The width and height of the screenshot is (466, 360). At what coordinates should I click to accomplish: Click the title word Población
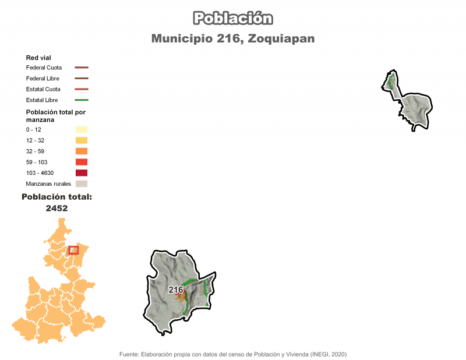coord(233,18)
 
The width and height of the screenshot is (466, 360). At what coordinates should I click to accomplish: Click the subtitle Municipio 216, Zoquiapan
coord(233,38)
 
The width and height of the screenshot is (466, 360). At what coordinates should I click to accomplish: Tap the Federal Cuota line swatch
coord(81,68)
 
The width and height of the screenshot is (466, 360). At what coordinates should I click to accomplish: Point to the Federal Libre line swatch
coord(81,78)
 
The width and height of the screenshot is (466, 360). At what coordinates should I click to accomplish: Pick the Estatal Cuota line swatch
coord(81,89)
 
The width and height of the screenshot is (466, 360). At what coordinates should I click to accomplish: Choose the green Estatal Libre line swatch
coord(81,100)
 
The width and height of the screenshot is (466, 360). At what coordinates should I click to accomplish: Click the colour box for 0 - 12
coord(81,129)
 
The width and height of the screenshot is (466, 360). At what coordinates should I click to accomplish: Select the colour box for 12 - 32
coord(81,140)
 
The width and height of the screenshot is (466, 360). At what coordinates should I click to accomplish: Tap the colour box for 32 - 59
coord(81,151)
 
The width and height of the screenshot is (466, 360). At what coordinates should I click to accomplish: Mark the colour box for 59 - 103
coord(81,162)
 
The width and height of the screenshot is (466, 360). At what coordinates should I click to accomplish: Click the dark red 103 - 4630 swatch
coord(81,173)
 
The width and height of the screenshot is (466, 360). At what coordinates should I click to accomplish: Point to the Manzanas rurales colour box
coord(81,184)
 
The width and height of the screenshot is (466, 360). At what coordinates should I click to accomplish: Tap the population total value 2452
coord(57,208)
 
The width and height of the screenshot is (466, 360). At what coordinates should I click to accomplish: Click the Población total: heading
coord(57,197)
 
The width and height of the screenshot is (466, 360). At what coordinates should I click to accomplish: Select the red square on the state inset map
coord(73,250)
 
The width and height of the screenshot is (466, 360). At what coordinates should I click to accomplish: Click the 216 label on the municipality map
coord(176,290)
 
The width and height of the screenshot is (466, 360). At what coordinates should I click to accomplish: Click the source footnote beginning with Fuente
coord(233,354)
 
